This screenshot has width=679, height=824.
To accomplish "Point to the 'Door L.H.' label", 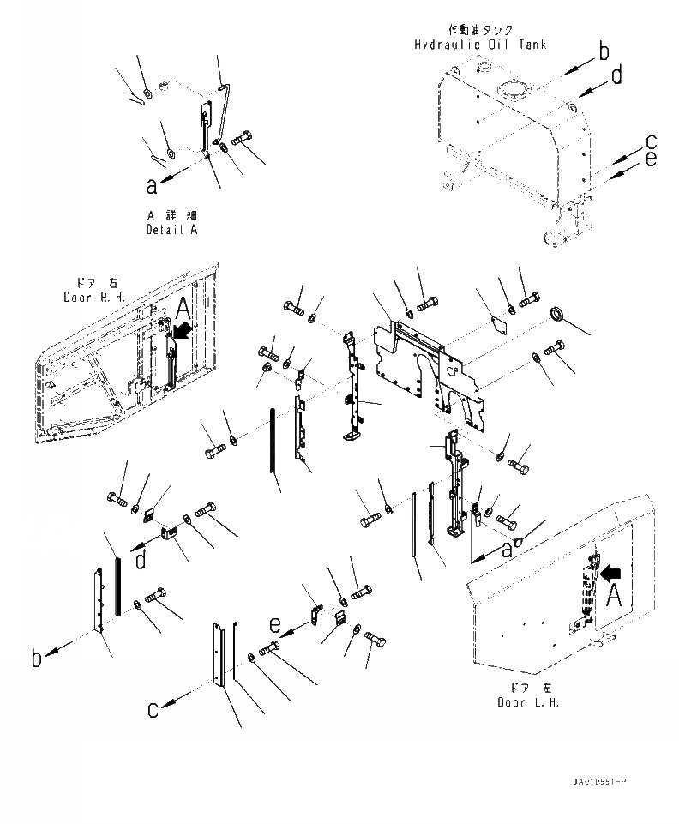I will (529, 702).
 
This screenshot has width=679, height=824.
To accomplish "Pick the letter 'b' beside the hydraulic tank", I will (604, 52).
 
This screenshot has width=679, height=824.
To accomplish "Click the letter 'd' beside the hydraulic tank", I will (616, 78).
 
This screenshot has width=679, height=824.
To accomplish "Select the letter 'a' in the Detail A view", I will (152, 183).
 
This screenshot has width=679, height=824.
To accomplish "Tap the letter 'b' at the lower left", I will (37, 659).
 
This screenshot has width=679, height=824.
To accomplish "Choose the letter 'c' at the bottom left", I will (153, 709).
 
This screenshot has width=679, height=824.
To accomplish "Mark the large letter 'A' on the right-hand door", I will (183, 309).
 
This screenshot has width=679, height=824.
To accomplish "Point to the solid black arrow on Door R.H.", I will (183, 330).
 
